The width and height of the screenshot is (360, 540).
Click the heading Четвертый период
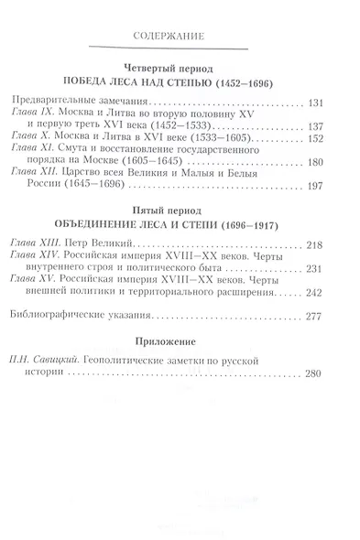pos(180,68)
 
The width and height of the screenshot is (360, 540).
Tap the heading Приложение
pos(180,340)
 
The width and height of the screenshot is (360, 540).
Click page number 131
pos(338,103)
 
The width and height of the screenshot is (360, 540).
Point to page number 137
pos(338,127)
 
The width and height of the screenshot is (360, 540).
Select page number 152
pos(338,140)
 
